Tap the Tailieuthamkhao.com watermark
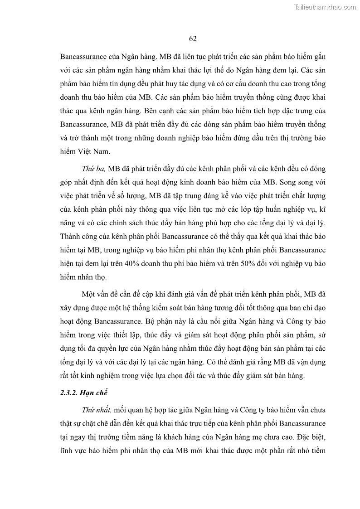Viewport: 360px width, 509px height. [325, 7]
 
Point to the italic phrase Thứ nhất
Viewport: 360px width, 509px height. [96, 410]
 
